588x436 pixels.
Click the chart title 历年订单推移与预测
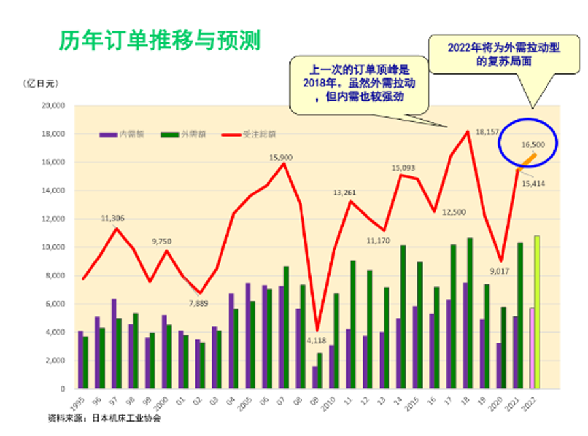(x=159, y=41)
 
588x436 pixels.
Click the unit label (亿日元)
(x=41, y=84)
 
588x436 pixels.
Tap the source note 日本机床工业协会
(x=125, y=418)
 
